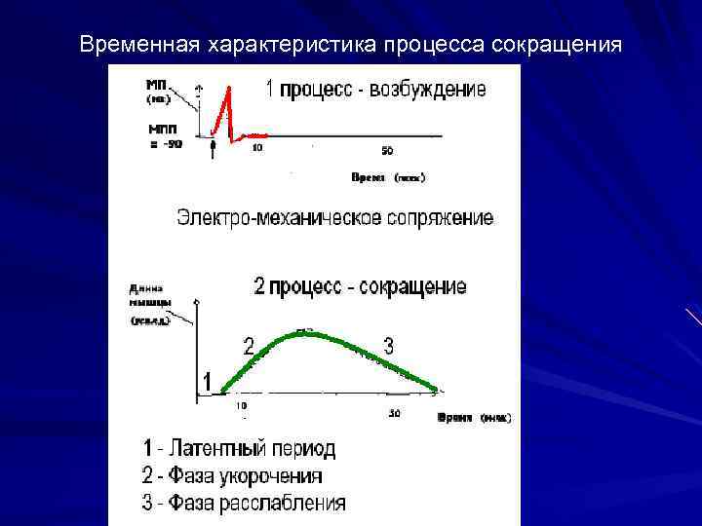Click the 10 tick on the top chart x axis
(257, 148)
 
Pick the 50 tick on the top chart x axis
(387, 150)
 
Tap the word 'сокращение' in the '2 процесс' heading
(412, 287)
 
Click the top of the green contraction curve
(305, 332)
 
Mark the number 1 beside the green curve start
(208, 380)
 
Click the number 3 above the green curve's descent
(388, 345)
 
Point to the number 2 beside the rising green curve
(249, 346)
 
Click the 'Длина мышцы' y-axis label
(147, 294)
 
